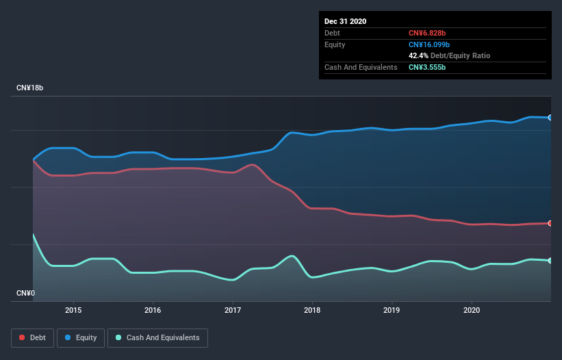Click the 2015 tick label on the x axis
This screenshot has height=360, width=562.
73,309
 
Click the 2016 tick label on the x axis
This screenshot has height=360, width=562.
153,309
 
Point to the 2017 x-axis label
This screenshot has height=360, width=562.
233,309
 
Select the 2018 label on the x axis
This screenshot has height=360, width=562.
312,309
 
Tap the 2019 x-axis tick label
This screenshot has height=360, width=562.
392,309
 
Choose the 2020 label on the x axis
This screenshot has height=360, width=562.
471,309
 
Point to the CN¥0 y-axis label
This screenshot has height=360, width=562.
26,293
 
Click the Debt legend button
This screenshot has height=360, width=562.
32,337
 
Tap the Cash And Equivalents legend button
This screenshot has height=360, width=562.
157,337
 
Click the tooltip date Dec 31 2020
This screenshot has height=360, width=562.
346,21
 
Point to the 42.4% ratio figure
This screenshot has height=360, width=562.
418,55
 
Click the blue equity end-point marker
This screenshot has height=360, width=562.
550,118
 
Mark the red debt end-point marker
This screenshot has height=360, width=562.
550,223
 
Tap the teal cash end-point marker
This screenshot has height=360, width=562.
550,261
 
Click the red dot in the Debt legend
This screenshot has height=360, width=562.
22,337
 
